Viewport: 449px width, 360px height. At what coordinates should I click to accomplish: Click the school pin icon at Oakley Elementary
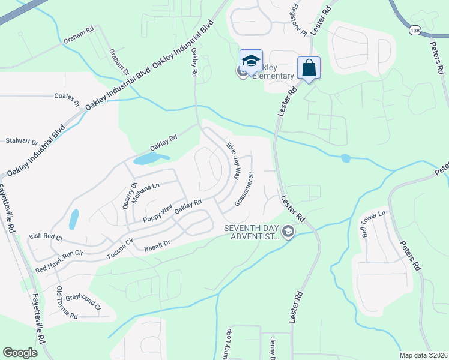(251, 61)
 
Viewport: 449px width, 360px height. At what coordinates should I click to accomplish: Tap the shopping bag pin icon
(309, 68)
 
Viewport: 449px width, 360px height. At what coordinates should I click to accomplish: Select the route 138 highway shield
(415, 29)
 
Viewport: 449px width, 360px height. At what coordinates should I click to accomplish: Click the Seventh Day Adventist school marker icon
(288, 232)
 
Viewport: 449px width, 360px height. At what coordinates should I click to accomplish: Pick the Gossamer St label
(246, 190)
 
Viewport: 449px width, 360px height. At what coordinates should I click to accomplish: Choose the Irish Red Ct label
(46, 237)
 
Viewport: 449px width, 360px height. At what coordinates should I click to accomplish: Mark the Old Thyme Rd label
(67, 304)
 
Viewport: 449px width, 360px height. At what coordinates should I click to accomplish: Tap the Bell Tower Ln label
(373, 221)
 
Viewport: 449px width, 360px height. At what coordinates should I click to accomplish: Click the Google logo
(20, 353)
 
